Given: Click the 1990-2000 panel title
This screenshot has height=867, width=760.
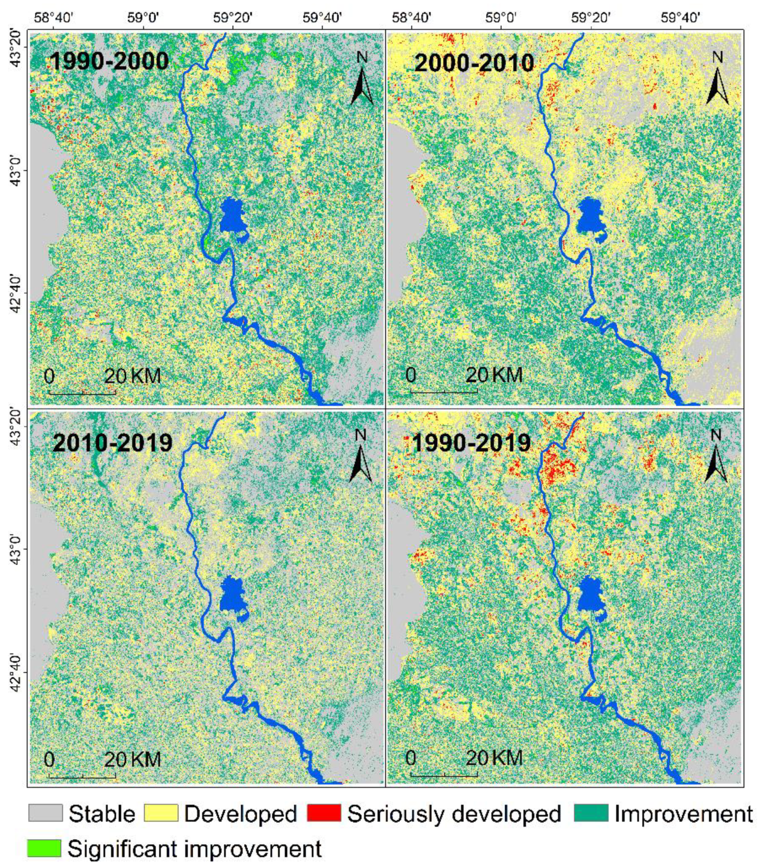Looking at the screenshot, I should point(109,61).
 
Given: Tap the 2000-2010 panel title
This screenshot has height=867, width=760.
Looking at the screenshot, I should point(474,63).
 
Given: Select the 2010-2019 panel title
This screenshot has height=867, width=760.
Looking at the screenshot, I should point(112,443).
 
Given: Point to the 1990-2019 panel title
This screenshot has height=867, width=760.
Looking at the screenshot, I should point(471,443).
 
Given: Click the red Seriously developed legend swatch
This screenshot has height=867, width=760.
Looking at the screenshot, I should point(324,813).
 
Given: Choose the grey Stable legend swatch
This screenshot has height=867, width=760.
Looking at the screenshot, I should point(45,813).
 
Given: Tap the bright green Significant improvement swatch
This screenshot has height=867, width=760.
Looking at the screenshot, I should point(44,848).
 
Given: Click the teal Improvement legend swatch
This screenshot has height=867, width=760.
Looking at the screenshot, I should point(591,813).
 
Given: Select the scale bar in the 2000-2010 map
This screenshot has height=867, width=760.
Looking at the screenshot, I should point(444,391).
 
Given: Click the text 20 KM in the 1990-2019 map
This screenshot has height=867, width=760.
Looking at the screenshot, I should point(494,758).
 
